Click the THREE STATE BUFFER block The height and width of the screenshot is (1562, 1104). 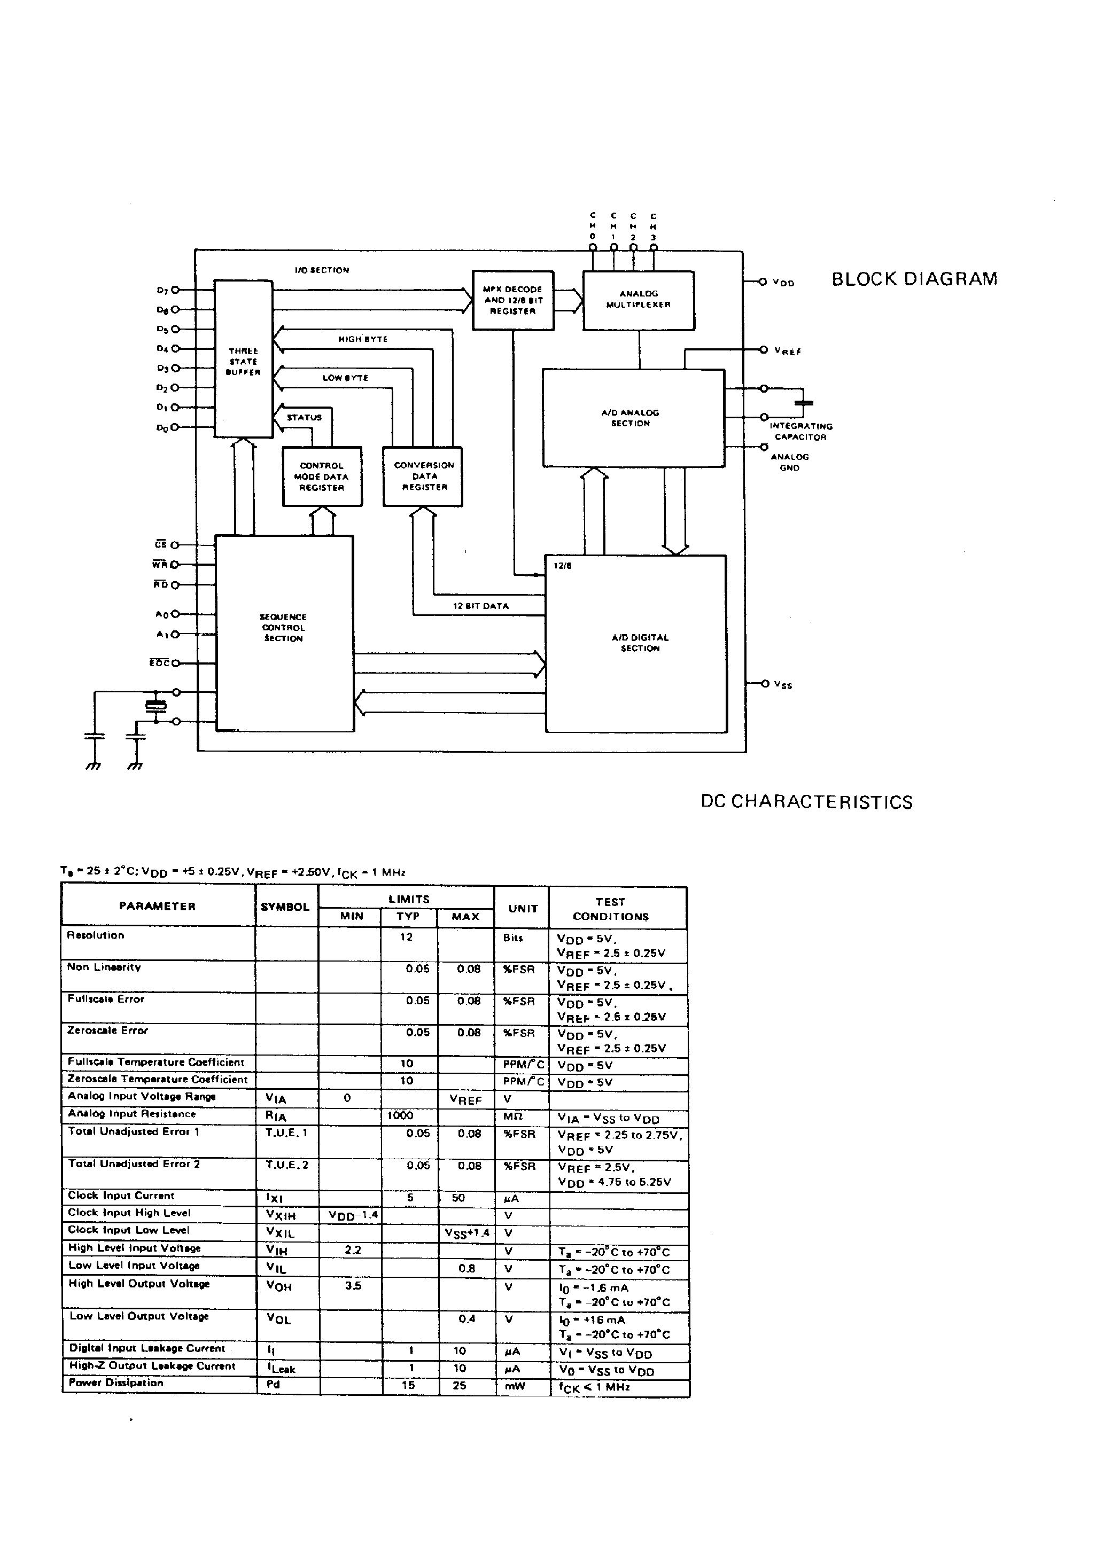(243, 361)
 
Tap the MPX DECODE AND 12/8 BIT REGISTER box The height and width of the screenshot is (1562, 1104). (512, 300)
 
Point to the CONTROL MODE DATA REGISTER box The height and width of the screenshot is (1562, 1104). (321, 476)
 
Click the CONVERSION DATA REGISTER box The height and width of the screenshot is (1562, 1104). (423, 475)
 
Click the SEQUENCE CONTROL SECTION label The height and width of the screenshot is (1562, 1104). (283, 627)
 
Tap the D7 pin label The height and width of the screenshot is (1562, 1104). (162, 291)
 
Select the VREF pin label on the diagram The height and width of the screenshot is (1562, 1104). (788, 351)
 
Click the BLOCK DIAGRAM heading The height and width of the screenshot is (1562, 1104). (914, 279)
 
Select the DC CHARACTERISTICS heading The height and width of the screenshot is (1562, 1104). (806, 802)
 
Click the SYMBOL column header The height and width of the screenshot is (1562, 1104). (285, 907)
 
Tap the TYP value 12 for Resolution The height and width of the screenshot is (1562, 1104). (406, 937)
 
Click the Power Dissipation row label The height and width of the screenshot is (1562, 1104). (116, 1383)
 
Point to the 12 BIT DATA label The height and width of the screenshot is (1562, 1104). (480, 605)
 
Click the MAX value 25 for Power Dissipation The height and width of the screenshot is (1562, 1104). (460, 1385)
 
